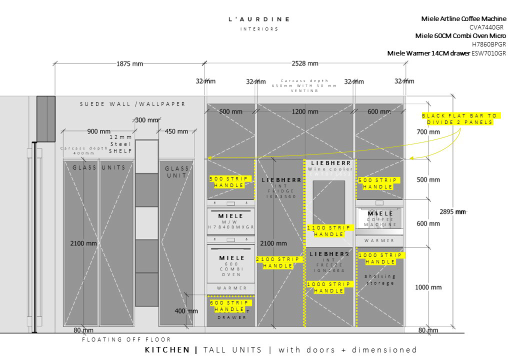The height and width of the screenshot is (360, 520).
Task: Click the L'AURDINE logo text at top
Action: point(258,19)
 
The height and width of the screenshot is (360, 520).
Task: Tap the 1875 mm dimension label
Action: point(129,63)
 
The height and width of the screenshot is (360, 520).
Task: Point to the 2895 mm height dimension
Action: point(453,211)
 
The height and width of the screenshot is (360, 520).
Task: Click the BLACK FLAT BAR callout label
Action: point(459,119)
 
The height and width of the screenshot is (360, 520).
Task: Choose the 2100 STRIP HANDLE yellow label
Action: point(278,262)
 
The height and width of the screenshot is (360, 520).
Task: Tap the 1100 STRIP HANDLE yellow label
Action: point(329,230)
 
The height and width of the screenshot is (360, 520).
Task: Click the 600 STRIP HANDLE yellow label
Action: point(230,306)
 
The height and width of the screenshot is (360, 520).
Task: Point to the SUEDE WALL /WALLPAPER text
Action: point(133,104)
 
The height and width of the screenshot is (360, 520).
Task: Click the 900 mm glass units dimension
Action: point(99,131)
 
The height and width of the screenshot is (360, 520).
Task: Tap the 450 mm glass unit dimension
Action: point(176,131)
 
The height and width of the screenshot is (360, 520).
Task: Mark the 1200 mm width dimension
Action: point(305,112)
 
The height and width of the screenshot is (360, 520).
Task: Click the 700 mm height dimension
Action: point(427,132)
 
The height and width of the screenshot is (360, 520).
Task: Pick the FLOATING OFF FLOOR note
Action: point(126,339)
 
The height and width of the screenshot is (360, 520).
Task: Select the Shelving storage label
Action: point(380,279)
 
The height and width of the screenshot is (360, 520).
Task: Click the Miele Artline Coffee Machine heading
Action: point(463,19)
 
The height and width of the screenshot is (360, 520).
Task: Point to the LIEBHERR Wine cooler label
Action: point(330,166)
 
